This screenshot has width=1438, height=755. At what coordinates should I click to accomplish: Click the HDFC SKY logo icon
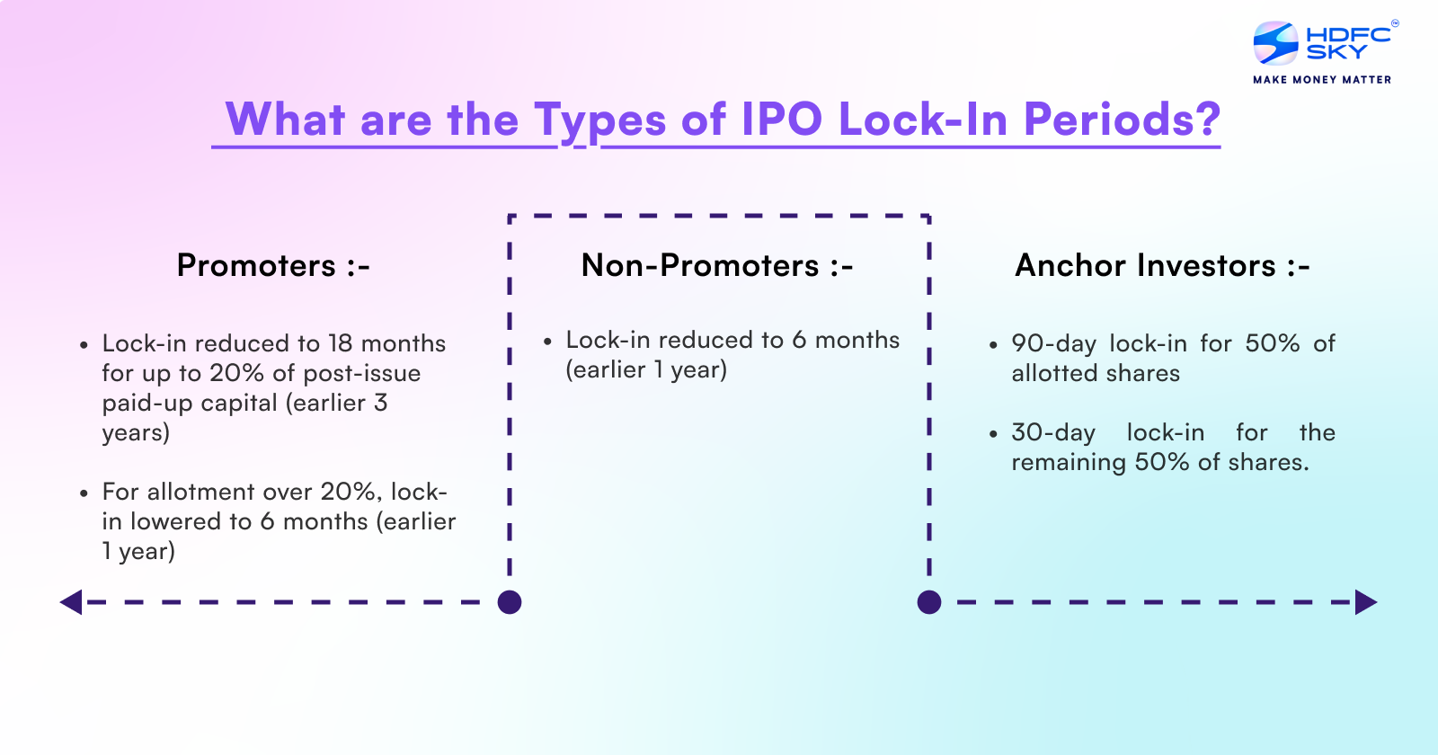coord(1275,43)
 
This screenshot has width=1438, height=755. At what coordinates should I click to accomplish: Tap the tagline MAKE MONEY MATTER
coord(1322,80)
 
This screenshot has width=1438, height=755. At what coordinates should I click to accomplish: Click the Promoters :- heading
coord(273,265)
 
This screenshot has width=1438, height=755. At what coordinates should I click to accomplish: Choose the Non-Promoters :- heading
coord(717,265)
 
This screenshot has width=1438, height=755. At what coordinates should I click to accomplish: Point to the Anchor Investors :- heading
coord(1162,265)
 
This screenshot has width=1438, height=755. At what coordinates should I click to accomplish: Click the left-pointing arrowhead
coord(71,602)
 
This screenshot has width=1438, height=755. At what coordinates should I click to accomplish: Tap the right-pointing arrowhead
coord(1366,602)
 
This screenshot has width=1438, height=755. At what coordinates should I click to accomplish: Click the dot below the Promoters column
coord(510,602)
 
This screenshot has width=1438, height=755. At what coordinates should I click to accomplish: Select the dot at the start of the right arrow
coord(929,602)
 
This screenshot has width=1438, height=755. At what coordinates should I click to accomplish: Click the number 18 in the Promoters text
coord(341,343)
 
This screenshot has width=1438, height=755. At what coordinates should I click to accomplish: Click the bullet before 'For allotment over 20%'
coord(84,493)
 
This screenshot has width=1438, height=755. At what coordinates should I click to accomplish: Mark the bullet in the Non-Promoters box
coord(547,341)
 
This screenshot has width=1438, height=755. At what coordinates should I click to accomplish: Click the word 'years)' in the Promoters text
coord(136,432)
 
